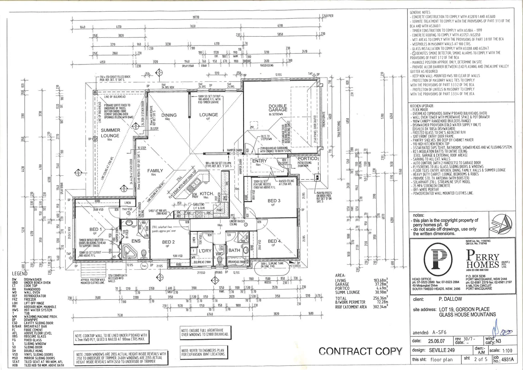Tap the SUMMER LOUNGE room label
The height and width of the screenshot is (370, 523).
(110, 133)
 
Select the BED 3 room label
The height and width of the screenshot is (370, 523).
(274, 201)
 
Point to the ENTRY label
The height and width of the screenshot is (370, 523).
(259, 161)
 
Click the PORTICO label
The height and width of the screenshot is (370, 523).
(307, 159)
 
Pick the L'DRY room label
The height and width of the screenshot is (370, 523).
(205, 251)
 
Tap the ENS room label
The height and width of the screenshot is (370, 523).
(136, 241)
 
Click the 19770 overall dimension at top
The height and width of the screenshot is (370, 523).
(196, 17)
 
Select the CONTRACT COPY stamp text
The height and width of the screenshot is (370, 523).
(360, 351)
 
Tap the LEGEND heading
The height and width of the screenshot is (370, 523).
(20, 274)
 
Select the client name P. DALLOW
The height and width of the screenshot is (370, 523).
(450, 299)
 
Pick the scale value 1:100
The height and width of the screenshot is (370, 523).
(507, 350)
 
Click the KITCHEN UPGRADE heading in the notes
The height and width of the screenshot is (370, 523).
(422, 106)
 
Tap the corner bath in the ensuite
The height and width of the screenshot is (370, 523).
(130, 252)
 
